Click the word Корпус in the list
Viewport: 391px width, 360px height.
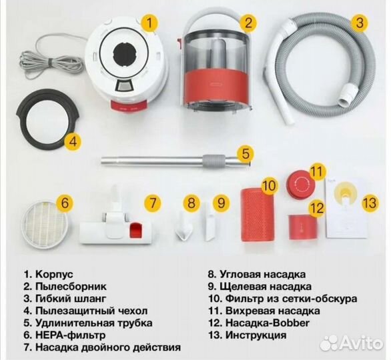tap(57, 274)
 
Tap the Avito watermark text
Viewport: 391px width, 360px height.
tap(358, 343)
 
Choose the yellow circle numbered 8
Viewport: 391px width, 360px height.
tap(192, 202)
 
